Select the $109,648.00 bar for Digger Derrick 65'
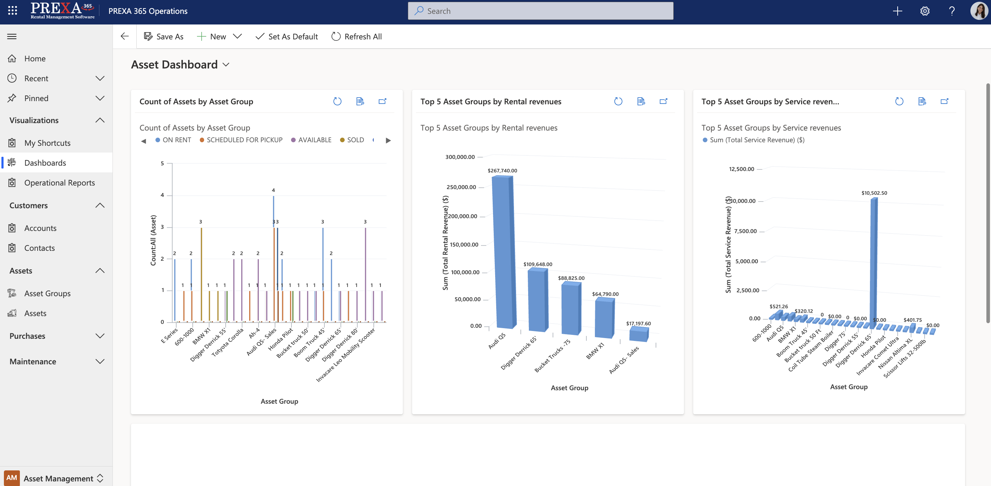pyautogui.click(x=537, y=300)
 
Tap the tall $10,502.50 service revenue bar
pyautogui.click(x=873, y=261)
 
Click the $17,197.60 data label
pyautogui.click(x=638, y=324)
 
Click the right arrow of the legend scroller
pyautogui.click(x=388, y=140)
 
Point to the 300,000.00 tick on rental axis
pyautogui.click(x=460, y=157)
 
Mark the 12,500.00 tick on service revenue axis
pyautogui.click(x=741, y=169)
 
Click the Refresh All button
pyautogui.click(x=356, y=37)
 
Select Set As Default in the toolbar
pyautogui.click(x=286, y=37)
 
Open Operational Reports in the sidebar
pyautogui.click(x=59, y=183)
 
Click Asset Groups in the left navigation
pyautogui.click(x=47, y=293)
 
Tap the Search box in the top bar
pyautogui.click(x=540, y=11)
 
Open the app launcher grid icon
pyautogui.click(x=12, y=11)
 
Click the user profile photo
pyautogui.click(x=979, y=11)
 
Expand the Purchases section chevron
pyautogui.click(x=100, y=336)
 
